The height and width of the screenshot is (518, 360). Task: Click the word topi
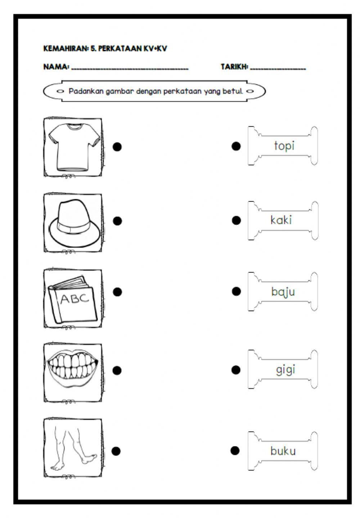(284, 146)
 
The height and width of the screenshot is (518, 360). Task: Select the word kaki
(281, 220)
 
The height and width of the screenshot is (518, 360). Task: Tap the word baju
(283, 292)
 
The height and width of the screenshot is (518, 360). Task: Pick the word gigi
(285, 370)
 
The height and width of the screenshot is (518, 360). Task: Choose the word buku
(283, 451)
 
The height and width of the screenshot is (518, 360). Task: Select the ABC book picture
(73, 299)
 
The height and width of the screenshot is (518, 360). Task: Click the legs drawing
(73, 447)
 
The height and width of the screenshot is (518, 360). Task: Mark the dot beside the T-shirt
(117, 147)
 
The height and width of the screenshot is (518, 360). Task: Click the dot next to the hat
(117, 221)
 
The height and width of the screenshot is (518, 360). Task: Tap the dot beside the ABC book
(117, 292)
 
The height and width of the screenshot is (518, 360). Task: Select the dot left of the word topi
(236, 146)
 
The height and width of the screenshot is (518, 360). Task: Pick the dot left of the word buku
(235, 450)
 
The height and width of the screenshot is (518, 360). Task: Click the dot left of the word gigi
(236, 370)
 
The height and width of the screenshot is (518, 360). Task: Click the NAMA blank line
(130, 68)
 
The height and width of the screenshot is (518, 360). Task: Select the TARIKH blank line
(278, 68)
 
